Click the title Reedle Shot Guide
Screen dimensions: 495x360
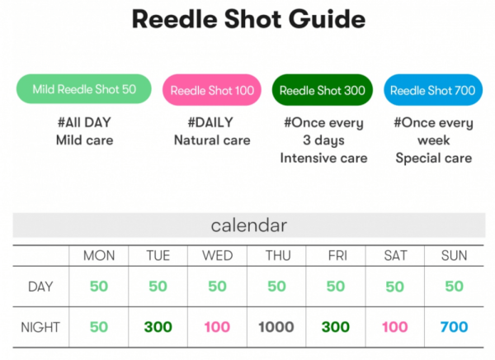(x=249, y=20)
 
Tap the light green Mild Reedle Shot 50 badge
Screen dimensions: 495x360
(x=84, y=89)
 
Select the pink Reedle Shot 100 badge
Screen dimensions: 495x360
(x=212, y=90)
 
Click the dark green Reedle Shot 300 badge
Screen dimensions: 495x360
(x=323, y=90)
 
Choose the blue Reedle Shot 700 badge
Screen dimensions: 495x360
(x=433, y=90)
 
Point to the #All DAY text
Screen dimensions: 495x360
(x=84, y=122)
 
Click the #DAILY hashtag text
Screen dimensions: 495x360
(x=210, y=122)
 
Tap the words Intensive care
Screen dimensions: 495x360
(x=323, y=158)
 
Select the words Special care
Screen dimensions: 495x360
(x=434, y=158)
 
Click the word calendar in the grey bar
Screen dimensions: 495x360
(x=249, y=225)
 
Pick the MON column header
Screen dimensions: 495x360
(x=99, y=255)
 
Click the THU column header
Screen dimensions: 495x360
(x=278, y=255)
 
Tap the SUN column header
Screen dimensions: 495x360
(x=454, y=255)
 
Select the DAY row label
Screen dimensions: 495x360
(x=40, y=287)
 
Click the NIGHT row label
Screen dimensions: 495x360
(x=40, y=327)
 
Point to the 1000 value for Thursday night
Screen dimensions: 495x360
(x=276, y=327)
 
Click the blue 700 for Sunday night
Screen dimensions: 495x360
(x=454, y=327)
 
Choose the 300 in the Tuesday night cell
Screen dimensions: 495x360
(x=158, y=327)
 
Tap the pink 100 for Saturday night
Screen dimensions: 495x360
(x=394, y=327)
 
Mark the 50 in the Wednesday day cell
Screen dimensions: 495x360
(x=217, y=287)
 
